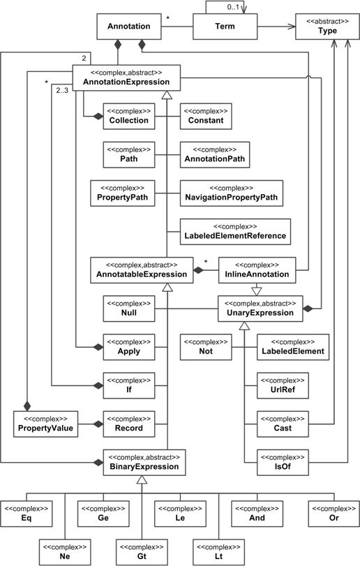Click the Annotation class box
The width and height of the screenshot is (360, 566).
129,27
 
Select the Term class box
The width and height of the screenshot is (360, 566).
223,27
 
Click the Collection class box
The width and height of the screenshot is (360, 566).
128,115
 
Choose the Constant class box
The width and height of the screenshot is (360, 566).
206,115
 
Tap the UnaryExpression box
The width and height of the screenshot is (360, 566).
261,308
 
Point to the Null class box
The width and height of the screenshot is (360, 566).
128,308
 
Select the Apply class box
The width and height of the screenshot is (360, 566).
128,346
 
